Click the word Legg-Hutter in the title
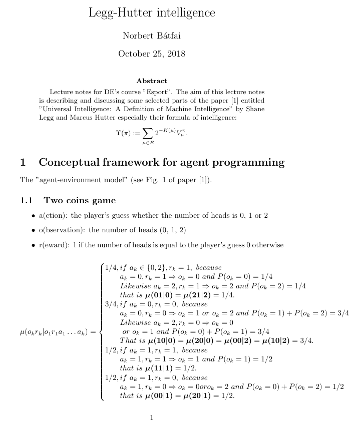pos(114,13)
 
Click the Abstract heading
pos(151,81)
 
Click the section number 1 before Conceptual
pos(23,162)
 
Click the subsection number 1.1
pos(26,201)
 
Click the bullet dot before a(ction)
pos(34,216)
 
